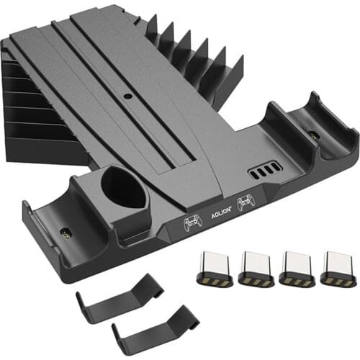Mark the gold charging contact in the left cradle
pos(66,233)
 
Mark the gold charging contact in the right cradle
pos(313,133)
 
